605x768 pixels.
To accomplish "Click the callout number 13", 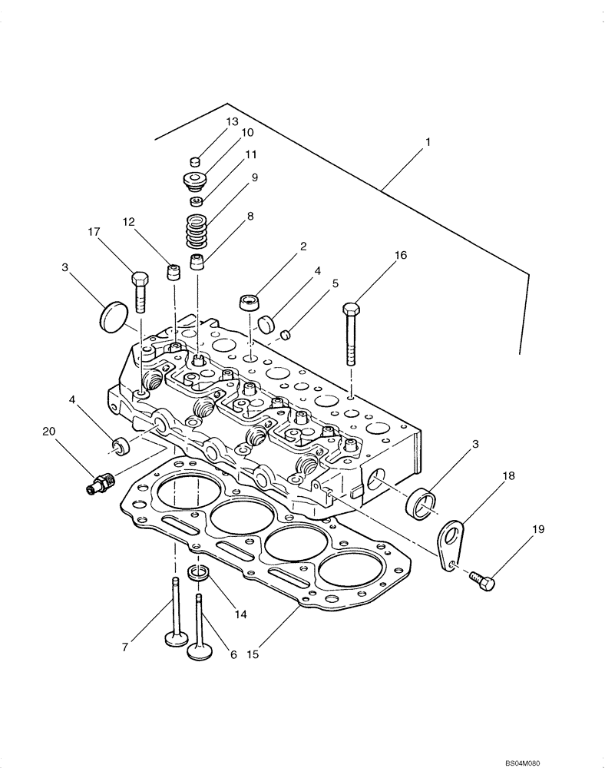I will pos(232,122).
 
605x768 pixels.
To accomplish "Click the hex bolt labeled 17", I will pos(140,292).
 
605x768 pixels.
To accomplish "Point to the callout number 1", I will pos(428,142).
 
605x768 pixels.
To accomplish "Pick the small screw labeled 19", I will pos(484,581).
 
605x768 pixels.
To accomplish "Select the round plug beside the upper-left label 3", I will pos(113,315).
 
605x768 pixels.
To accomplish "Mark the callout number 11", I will pos(250,154).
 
